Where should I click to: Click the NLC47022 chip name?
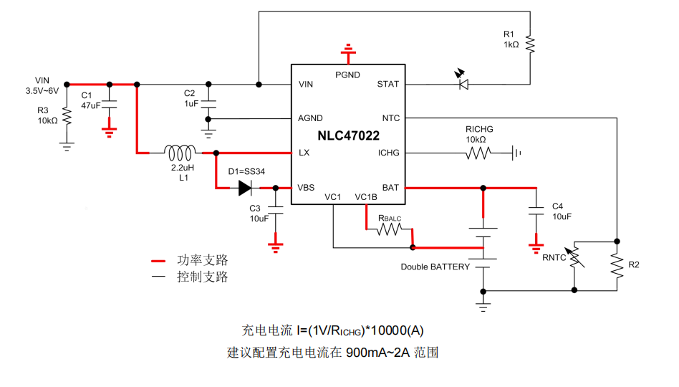click(x=349, y=135)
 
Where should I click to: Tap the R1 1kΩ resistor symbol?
click(x=530, y=44)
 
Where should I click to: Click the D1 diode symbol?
click(x=244, y=188)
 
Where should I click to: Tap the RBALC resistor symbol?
click(x=390, y=230)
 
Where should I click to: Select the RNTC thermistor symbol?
click(x=575, y=264)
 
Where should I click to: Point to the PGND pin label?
click(x=347, y=75)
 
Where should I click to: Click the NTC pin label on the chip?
click(x=391, y=118)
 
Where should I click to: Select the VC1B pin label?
click(x=365, y=197)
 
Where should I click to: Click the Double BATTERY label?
click(x=435, y=267)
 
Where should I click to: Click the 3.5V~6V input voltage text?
click(x=42, y=91)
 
